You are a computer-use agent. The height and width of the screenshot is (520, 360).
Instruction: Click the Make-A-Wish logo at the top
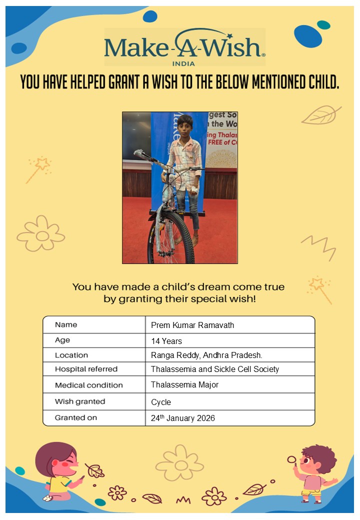pos(184,46)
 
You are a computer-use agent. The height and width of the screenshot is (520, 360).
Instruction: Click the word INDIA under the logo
pos(183,63)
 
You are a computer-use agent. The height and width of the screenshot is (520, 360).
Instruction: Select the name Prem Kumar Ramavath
pos(192,325)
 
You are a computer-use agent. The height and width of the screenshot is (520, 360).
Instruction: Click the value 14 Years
pos(166,341)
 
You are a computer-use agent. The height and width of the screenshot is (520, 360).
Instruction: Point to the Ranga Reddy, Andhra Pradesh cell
pos(206,355)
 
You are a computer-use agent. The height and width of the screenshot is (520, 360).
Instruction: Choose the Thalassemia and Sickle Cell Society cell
pos(215,369)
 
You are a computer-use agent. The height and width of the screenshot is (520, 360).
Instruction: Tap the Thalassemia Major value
pos(184,385)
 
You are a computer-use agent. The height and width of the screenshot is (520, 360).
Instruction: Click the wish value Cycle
pos(161,402)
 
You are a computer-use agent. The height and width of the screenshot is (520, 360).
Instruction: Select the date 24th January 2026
pos(183,418)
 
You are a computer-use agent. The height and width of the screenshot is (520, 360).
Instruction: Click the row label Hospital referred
pos(86,369)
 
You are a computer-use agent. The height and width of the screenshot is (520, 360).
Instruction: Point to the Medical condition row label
pos(88,385)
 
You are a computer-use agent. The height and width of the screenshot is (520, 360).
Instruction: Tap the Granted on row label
pos(76,417)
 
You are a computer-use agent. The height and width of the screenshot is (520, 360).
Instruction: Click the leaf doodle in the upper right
pos(320,115)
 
